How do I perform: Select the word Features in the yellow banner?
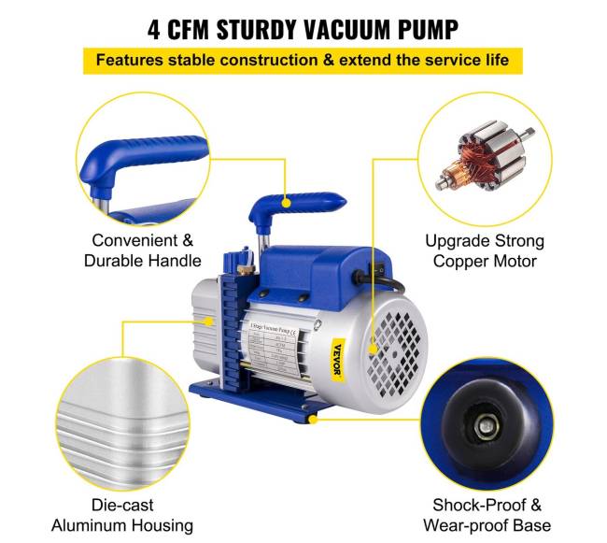pyautogui.click(x=128, y=61)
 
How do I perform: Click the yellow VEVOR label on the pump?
pyautogui.click(x=338, y=361)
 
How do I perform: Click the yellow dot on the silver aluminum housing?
pyautogui.click(x=211, y=321)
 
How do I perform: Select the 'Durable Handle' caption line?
pyautogui.click(x=142, y=261)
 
